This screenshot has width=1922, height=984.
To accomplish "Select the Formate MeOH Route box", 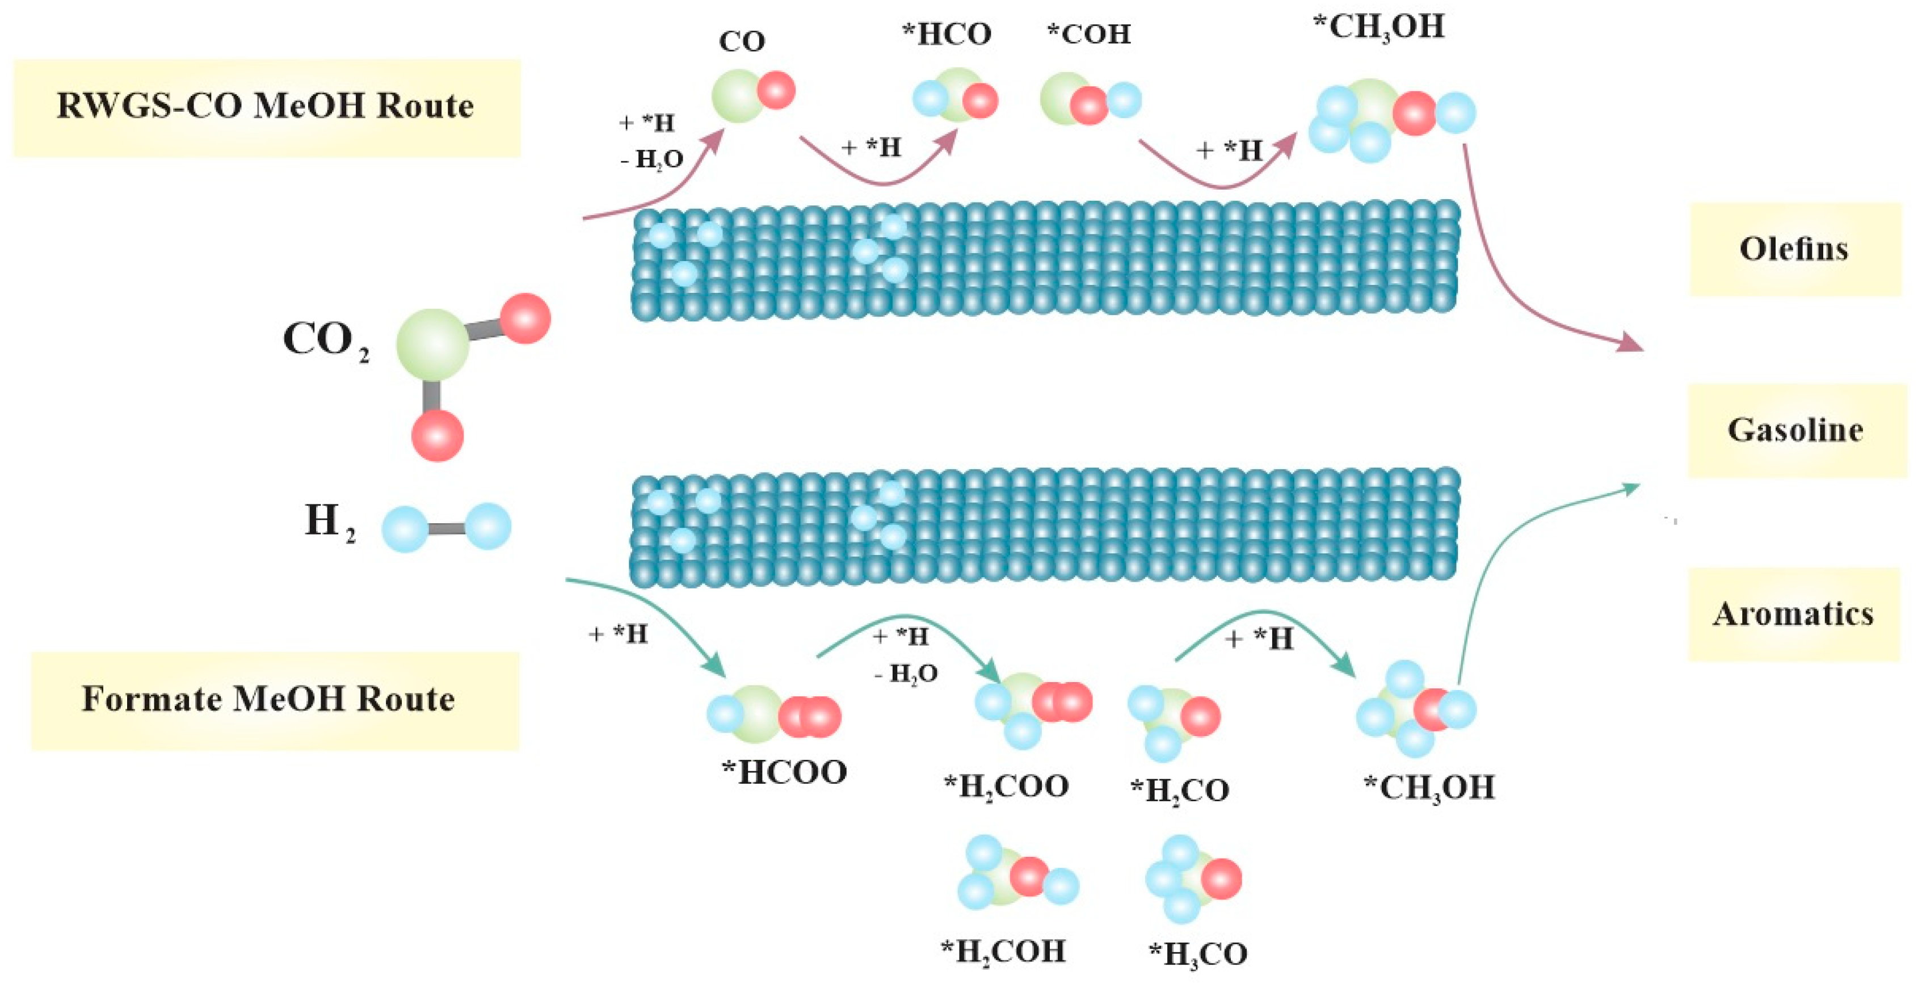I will tap(274, 700).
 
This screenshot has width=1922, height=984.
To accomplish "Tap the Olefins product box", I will tap(1794, 249).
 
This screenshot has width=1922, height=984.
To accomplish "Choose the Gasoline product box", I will tap(1796, 431).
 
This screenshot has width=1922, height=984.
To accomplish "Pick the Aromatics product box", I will tap(1794, 614).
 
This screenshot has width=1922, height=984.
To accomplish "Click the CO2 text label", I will tap(325, 341).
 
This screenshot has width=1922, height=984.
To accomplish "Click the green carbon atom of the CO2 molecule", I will tap(432, 344).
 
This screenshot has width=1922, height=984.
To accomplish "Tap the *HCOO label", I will tap(784, 772).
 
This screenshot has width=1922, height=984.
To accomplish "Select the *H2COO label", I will tap(1006, 787).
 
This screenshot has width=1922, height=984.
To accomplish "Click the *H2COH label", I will tap(1003, 952).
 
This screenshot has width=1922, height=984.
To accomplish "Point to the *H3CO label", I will tap(1197, 954).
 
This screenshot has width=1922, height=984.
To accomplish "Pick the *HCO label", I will tap(947, 34).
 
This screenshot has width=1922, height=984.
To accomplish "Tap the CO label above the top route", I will tap(742, 42).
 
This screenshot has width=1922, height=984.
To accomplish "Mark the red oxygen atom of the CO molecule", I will tap(776, 90).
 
